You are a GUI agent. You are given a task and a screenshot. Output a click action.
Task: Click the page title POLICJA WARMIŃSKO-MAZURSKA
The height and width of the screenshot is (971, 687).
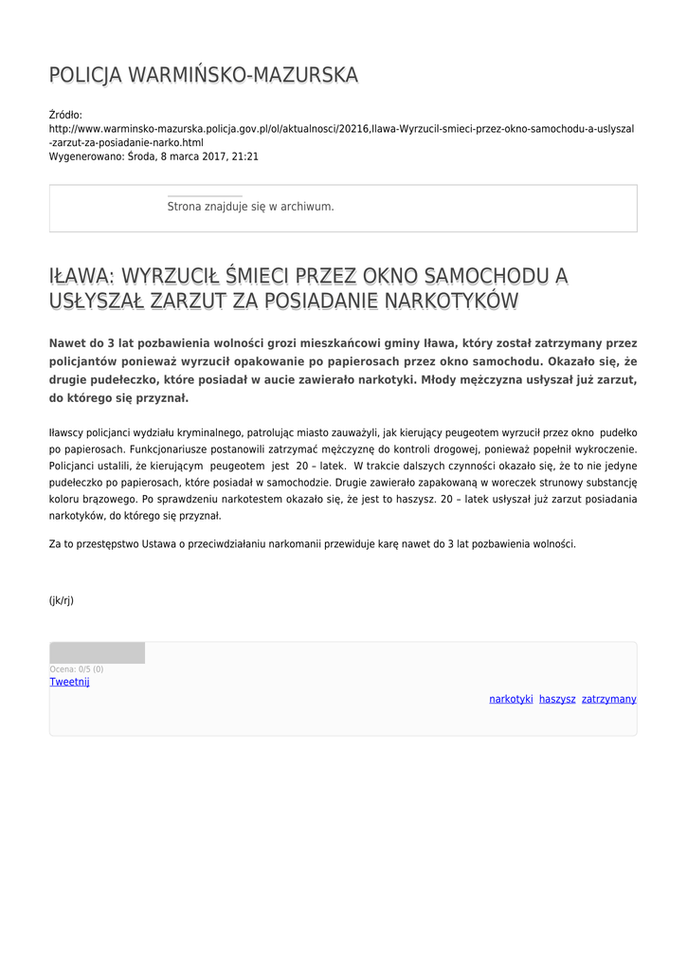(x=204, y=75)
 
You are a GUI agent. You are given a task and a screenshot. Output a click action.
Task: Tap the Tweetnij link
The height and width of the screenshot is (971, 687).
(x=69, y=682)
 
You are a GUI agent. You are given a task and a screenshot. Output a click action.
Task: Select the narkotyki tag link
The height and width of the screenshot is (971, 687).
(x=511, y=699)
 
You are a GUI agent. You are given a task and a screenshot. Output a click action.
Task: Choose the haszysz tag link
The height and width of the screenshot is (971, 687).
(x=557, y=699)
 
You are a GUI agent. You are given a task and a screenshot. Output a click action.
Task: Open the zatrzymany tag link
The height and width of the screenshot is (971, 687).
(x=608, y=699)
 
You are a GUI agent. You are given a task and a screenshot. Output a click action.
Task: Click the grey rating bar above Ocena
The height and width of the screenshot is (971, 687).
(x=97, y=652)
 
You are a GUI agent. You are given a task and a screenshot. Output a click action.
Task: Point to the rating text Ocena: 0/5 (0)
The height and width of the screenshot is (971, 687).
(x=76, y=669)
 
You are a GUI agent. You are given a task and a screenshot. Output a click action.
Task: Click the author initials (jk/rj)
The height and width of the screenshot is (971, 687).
(x=62, y=600)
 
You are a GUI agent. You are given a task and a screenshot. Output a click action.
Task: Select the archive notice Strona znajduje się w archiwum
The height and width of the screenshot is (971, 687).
(x=250, y=206)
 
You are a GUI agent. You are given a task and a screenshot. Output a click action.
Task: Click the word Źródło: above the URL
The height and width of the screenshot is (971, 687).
(x=66, y=115)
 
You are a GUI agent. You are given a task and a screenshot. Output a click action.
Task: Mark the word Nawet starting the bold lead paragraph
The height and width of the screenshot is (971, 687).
(x=68, y=343)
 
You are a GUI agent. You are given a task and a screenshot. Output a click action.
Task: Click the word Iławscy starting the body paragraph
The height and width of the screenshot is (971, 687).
(x=67, y=431)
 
